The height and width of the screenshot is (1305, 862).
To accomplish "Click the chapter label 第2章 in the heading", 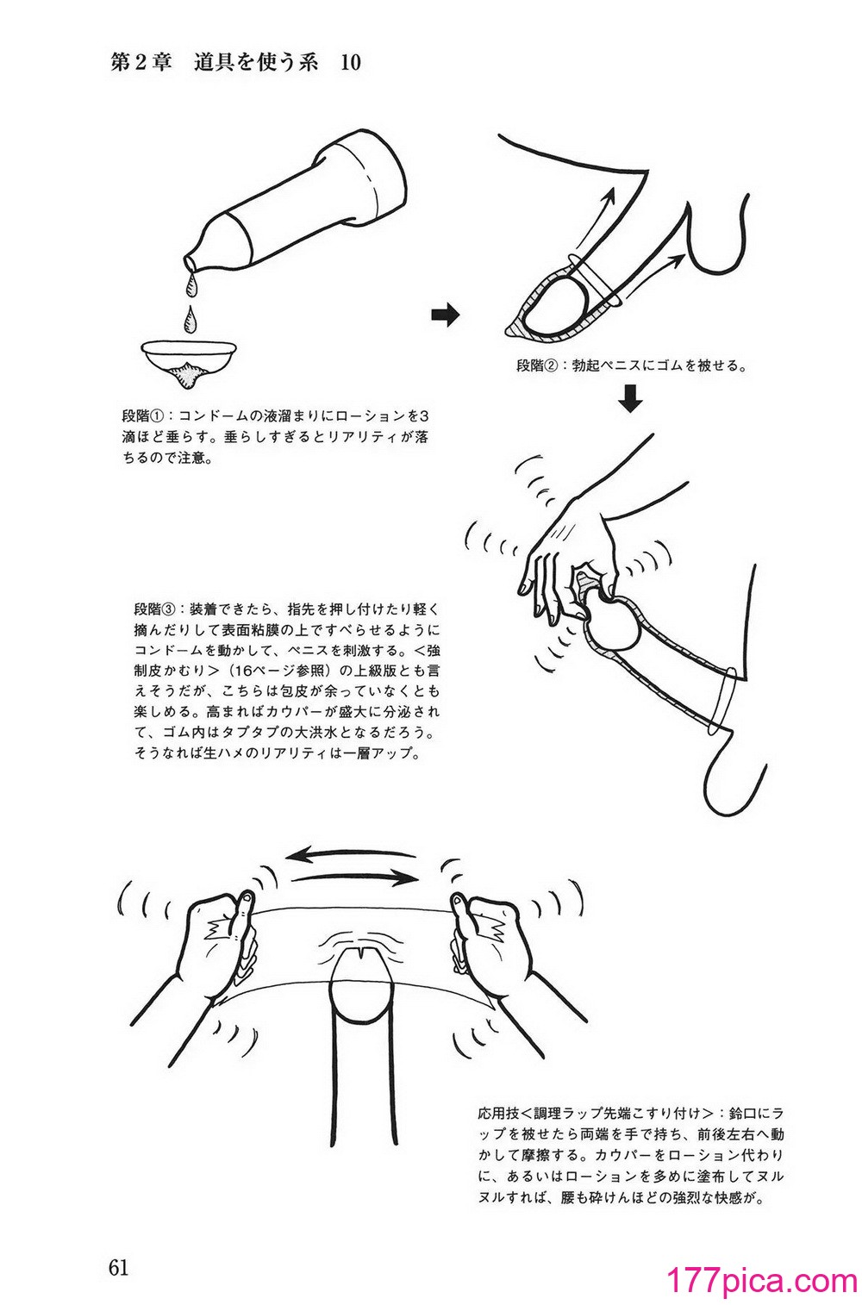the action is pos(141,63).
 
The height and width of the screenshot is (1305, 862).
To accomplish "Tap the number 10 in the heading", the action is pos(351,63).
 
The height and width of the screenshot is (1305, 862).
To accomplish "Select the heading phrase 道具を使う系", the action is pos(256,63).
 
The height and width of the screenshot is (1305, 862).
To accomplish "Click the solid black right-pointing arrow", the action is pos(446,315).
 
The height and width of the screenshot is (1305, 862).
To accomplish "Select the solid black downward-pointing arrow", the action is pos(630,397).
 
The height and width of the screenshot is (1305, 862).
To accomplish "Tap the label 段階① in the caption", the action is pos(144,416).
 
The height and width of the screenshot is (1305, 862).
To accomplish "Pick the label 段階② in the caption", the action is pos(539,365).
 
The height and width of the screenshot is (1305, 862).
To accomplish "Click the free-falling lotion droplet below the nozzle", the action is pos(190,319).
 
